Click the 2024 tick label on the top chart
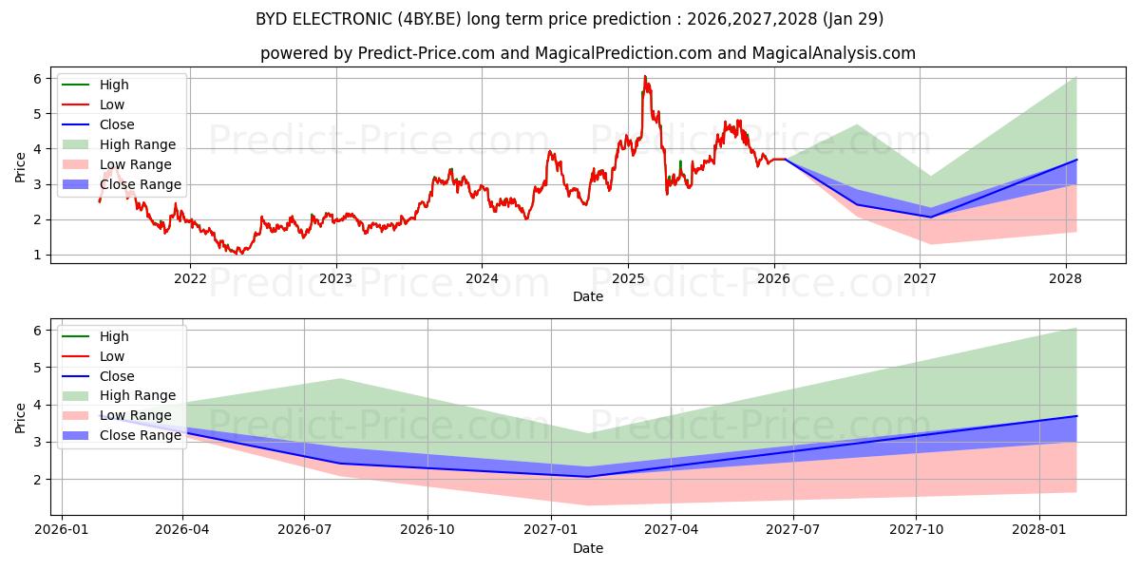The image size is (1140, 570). coord(482,277)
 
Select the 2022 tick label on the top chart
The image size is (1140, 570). coord(190,277)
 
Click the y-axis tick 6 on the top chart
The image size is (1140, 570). coord(38,79)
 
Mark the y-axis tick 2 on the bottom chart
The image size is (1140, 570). coord(38,480)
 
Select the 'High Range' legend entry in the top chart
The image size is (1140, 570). coord(138,144)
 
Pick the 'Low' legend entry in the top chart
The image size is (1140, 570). coord(112,104)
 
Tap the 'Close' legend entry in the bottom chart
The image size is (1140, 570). coord(117,376)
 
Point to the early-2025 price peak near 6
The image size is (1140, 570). coord(645,77)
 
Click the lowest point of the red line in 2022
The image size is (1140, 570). coord(239,254)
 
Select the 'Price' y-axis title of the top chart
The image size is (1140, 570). coord(21,166)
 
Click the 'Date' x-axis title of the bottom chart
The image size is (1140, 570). coord(588,548)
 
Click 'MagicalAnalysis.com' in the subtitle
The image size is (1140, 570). coord(834,53)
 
